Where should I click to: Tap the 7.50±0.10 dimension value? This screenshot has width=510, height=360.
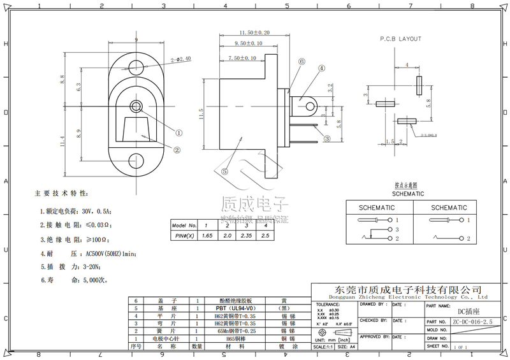pos(242,58)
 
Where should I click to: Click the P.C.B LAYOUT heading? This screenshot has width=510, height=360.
pos(401,39)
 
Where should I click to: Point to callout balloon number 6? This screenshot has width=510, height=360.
pos(300,62)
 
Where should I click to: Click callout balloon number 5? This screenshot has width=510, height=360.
pos(224,171)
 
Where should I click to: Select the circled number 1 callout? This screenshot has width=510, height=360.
pos(179,133)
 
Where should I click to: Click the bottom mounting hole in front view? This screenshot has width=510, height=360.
pos(136,161)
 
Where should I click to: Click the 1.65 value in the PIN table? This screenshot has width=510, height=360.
pos(207,236)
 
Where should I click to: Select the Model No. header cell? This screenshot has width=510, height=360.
pos(184,226)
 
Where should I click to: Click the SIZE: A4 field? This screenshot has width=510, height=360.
pos(347,347)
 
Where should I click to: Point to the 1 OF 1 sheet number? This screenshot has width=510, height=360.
pos(460,347)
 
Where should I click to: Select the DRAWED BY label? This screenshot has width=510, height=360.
pos(373,305)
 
